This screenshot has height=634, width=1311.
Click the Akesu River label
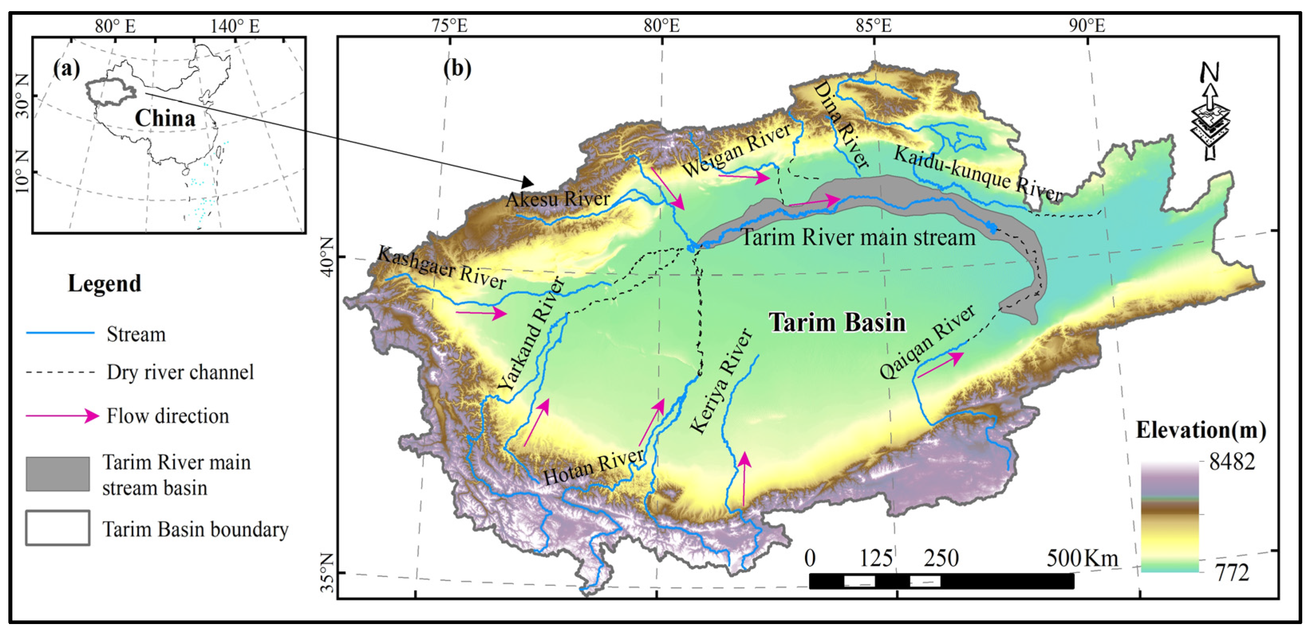(558, 199)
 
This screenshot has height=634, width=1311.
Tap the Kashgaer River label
(442, 268)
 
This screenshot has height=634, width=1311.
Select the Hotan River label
(593, 467)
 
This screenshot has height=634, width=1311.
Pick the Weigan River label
(737, 150)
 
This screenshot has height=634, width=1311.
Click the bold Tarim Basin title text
(837, 323)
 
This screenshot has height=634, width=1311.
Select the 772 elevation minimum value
(1232, 573)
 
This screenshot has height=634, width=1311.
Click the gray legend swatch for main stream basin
(57, 474)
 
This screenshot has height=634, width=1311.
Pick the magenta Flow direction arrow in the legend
(62, 416)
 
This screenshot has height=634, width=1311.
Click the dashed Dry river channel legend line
(60, 372)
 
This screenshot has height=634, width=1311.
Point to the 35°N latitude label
(328, 573)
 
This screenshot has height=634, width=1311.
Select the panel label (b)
(457, 68)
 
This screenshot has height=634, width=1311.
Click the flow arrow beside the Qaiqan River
(940, 365)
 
